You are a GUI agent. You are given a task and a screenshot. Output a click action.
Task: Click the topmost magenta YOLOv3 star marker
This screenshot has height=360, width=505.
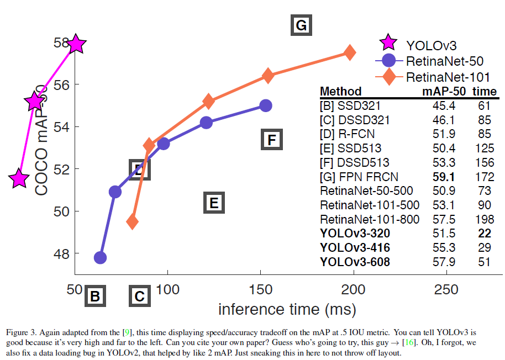[76, 44]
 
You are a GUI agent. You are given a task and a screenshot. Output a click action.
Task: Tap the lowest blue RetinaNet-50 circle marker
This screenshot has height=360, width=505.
[100, 257]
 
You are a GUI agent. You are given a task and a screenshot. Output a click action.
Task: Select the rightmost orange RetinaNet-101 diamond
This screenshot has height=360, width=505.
[350, 52]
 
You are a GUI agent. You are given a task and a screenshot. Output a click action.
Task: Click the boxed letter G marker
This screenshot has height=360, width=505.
[301, 25]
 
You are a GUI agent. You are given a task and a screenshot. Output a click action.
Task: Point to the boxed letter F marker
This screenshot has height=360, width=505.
[271, 140]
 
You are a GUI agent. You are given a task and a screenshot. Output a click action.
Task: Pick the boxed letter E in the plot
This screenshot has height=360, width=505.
[214, 203]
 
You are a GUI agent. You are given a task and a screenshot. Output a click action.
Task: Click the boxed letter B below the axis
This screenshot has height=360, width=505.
[95, 297]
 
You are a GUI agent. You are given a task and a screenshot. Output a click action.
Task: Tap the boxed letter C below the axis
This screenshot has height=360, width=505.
[139, 297]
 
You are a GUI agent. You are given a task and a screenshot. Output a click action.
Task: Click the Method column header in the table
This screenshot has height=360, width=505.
[341, 91]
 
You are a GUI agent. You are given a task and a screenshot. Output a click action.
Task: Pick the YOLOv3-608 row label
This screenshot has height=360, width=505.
[355, 262]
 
